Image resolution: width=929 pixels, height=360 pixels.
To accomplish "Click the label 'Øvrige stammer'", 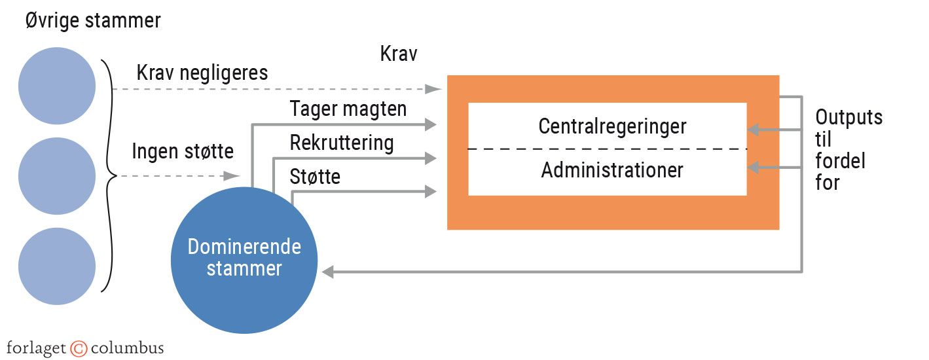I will [93, 21].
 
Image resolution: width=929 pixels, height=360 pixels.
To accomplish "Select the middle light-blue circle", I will [58, 175].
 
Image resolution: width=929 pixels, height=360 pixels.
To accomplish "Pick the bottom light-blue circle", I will [58, 266].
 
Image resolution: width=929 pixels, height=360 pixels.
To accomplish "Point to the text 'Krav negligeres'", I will [202, 73].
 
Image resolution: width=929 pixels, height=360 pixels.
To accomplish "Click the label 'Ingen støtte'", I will [183, 152].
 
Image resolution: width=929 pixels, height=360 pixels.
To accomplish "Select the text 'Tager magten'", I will [348, 109].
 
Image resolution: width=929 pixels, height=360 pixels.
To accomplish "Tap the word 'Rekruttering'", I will [342, 143].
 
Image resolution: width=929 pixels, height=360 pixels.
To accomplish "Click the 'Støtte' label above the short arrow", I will [315, 177].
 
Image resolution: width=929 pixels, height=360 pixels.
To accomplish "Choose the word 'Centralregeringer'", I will [612, 126].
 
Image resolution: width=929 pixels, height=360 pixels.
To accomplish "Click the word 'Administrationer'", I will [612, 170].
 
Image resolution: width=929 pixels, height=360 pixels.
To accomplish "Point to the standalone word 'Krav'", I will [399, 54].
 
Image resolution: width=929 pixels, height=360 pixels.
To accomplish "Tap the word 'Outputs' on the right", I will [849, 118].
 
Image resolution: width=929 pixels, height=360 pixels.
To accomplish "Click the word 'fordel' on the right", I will [841, 161].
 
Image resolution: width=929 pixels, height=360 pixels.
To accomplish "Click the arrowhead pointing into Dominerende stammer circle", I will [329, 271].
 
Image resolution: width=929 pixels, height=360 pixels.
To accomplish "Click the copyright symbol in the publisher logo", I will [79, 348].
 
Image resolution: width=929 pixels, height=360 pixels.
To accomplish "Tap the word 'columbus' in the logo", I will [127, 348].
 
